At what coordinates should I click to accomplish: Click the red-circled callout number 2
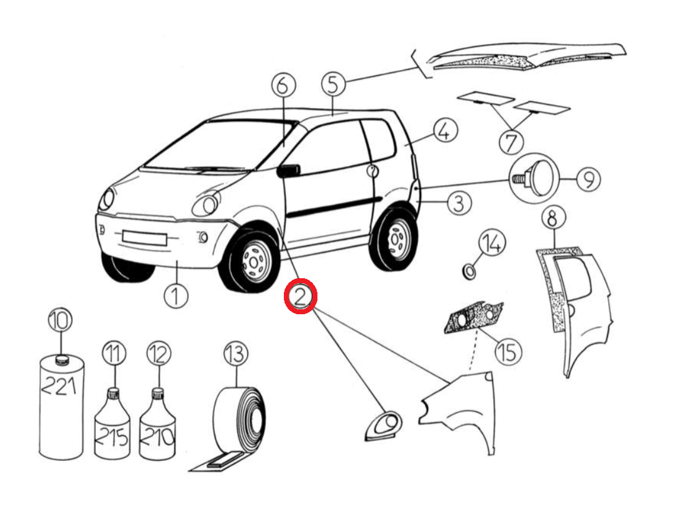point(301,296)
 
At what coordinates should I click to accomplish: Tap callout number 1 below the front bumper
point(176,296)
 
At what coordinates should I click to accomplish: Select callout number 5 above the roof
point(334,84)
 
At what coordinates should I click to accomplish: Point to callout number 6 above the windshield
point(284,85)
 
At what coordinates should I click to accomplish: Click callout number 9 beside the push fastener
point(588,179)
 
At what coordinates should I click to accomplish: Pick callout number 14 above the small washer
point(492,243)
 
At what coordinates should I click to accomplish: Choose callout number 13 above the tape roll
point(236,354)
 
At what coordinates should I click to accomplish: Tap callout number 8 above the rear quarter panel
point(553,219)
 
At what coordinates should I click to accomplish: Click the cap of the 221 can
point(62,360)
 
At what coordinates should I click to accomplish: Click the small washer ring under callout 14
point(468,271)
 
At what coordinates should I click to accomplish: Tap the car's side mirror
point(288,171)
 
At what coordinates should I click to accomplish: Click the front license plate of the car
point(144,238)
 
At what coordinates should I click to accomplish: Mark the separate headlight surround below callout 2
point(384,427)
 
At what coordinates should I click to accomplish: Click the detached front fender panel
point(458,408)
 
